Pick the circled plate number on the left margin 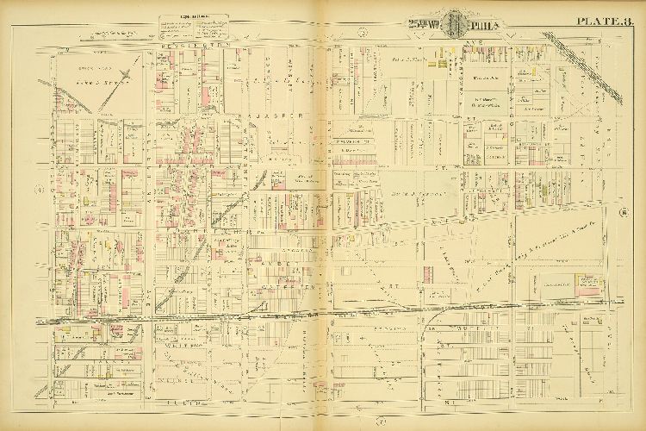(x=39, y=189)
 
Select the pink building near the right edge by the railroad (x=591, y=281)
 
